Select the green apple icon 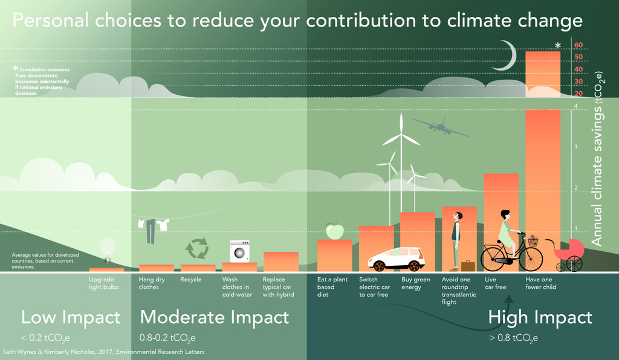pos(334,230)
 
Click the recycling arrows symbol pos(196,248)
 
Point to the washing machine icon pos(239,251)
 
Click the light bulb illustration pos(107,248)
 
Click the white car pos(397,259)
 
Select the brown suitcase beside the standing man pos(468,266)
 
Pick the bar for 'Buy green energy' pos(418,242)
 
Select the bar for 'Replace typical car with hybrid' pos(280,262)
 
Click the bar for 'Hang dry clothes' pos(156,268)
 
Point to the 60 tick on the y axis pos(578,45)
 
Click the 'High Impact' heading pos(540,317)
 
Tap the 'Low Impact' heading pos(71,317)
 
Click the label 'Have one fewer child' pos(540,283)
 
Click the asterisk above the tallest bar pos(558,46)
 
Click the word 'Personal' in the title pos(50,21)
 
